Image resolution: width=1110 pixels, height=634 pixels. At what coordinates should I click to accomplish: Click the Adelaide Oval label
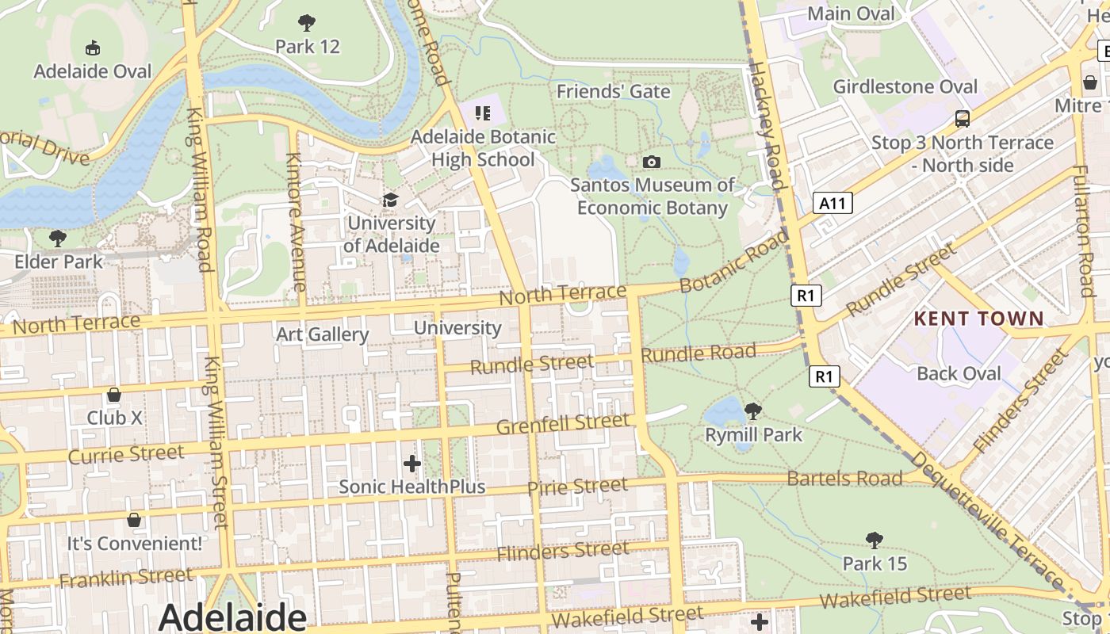[92, 71]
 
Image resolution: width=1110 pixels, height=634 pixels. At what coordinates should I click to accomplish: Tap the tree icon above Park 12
[307, 23]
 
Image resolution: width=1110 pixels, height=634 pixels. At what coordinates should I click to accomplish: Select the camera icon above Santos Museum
[652, 162]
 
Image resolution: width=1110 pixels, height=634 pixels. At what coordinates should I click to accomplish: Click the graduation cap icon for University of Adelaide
[390, 200]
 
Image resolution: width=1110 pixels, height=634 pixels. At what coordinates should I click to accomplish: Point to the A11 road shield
[832, 204]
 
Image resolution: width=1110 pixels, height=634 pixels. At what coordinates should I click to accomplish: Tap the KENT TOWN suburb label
[979, 319]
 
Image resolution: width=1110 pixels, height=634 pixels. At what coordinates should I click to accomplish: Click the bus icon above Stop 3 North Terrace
[963, 119]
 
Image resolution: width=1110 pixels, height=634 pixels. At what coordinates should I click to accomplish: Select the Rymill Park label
[753, 435]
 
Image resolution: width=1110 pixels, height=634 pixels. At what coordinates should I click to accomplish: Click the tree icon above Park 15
[875, 540]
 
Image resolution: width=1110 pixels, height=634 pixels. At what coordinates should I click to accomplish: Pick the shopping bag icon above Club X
[114, 395]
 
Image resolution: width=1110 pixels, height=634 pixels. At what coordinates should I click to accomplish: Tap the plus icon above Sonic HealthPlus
[411, 463]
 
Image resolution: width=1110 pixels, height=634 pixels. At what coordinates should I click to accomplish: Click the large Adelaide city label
[232, 617]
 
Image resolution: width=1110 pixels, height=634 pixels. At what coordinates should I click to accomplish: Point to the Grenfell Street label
[562, 424]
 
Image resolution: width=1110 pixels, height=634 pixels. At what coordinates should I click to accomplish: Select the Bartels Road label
[844, 479]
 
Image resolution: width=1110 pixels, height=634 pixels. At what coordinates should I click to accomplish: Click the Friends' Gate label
[613, 92]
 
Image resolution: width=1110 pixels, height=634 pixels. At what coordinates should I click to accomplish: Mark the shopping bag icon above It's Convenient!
[134, 520]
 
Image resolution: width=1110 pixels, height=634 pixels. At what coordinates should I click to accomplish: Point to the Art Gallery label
[322, 334]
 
